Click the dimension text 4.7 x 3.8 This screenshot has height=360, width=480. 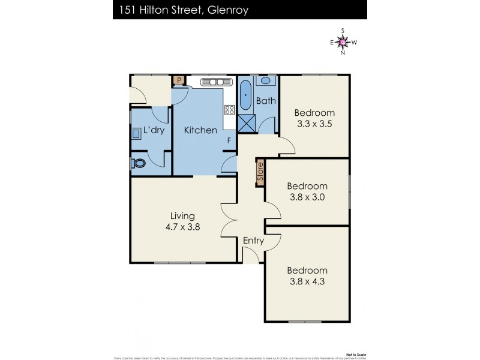tap(183, 227)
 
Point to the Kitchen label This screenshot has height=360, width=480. tap(200, 130)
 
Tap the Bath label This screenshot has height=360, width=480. tap(266, 101)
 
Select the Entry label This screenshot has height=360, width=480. tap(253, 241)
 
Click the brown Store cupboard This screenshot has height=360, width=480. tap(260, 172)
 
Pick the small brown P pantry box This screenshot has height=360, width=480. tap(178, 80)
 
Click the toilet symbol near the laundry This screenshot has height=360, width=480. tap(139, 163)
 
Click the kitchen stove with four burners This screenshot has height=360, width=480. tap(229, 109)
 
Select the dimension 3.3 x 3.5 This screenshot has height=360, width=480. tap(314, 125)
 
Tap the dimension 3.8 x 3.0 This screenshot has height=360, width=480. tap(307, 198)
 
